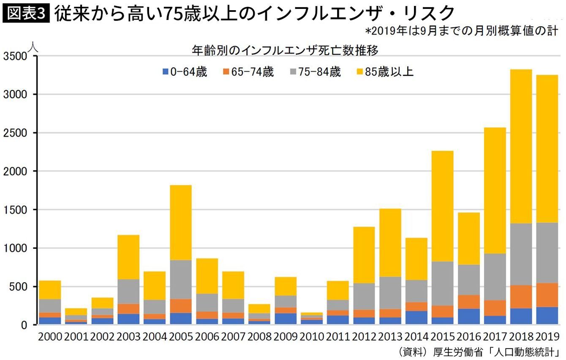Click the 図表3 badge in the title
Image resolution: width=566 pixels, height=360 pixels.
click(26, 14)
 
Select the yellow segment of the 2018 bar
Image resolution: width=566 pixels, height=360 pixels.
click(521, 146)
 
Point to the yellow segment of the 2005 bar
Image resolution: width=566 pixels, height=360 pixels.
click(180, 223)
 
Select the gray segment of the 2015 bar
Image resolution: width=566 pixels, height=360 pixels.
click(442, 284)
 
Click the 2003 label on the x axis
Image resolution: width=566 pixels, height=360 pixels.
click(128, 337)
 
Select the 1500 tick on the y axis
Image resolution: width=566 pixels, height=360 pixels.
click(14, 210)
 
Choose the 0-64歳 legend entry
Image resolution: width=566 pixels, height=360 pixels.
click(185, 72)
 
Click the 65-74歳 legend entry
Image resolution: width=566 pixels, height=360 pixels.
click(248, 72)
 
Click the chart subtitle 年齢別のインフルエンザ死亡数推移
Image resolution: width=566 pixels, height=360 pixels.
click(285, 51)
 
